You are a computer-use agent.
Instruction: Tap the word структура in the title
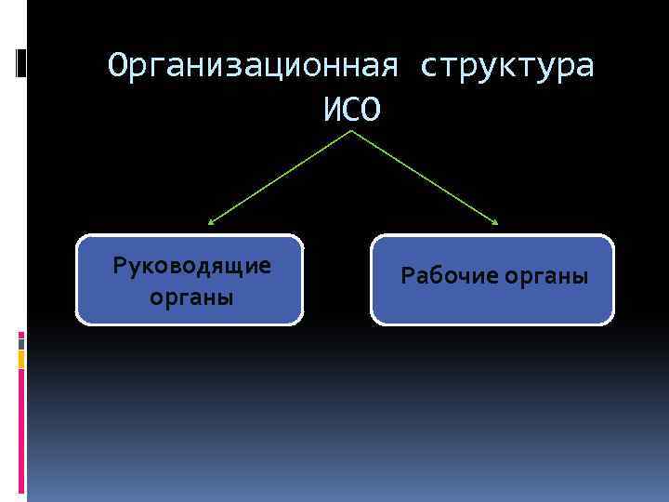point(507,67)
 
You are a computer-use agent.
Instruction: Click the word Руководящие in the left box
point(191,266)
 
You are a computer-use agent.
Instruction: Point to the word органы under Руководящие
point(191,298)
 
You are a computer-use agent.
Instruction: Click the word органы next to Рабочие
point(547,276)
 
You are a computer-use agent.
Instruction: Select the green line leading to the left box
point(279,178)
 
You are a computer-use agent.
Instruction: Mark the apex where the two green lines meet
point(352,130)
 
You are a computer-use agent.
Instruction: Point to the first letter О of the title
point(115,67)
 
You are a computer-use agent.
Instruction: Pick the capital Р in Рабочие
point(406,276)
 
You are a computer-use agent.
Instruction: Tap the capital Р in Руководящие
point(119,266)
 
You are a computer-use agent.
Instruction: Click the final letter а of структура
point(584,67)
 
